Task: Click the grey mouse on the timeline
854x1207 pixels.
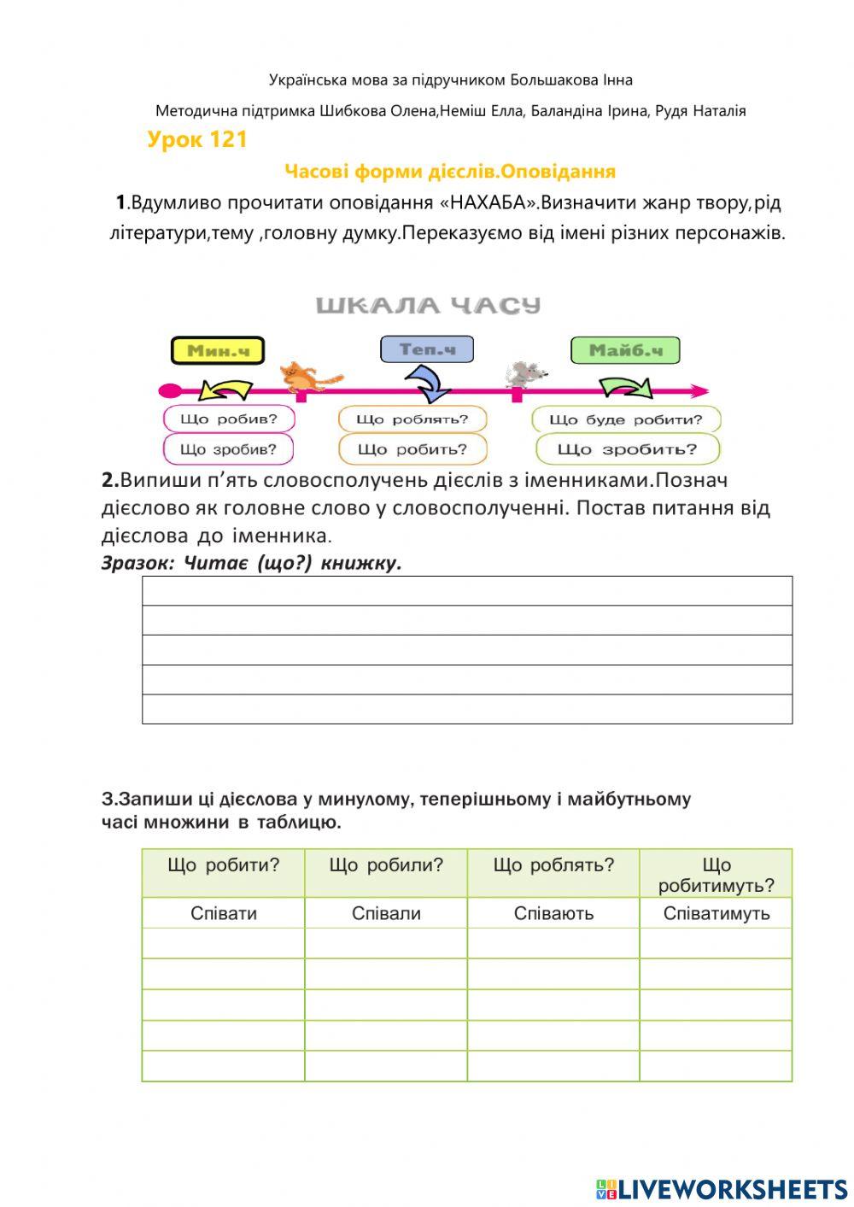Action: click(x=524, y=373)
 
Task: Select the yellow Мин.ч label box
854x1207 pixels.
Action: click(x=218, y=350)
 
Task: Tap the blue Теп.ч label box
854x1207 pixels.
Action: click(x=426, y=349)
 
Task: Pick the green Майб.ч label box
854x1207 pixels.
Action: click(x=625, y=350)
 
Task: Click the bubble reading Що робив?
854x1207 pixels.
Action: click(x=229, y=419)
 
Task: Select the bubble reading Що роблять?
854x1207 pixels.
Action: click(x=412, y=419)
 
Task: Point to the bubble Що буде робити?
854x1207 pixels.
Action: click(x=626, y=419)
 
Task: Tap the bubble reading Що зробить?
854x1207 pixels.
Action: click(x=628, y=448)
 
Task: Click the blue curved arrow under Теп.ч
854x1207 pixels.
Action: click(x=427, y=383)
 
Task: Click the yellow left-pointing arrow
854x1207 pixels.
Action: click(x=225, y=390)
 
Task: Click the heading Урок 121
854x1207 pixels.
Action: click(x=196, y=139)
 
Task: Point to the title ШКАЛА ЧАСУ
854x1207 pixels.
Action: click(x=428, y=305)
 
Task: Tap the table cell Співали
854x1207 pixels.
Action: click(x=386, y=913)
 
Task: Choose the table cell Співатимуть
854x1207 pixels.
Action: click(x=716, y=913)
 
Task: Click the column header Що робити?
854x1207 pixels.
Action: click(x=224, y=864)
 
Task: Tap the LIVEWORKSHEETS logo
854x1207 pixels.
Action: click(x=722, y=1188)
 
